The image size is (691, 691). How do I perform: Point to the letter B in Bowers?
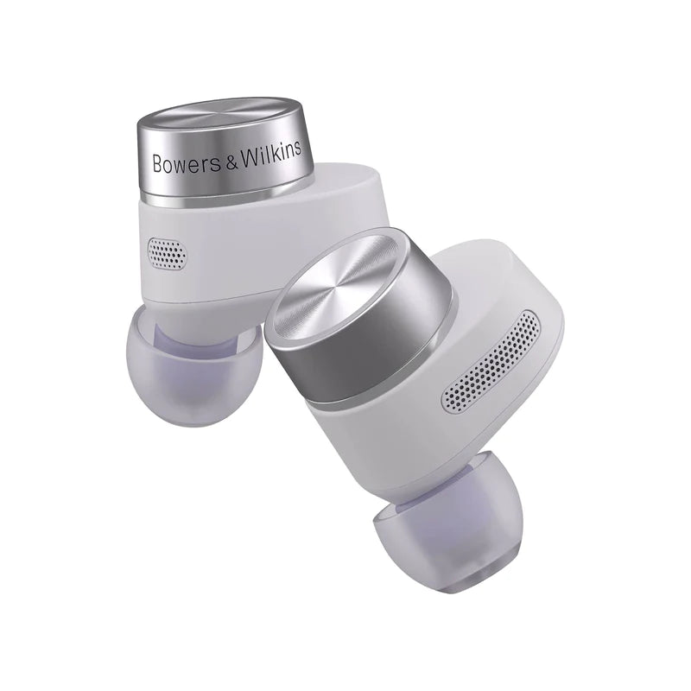pos(157,163)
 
